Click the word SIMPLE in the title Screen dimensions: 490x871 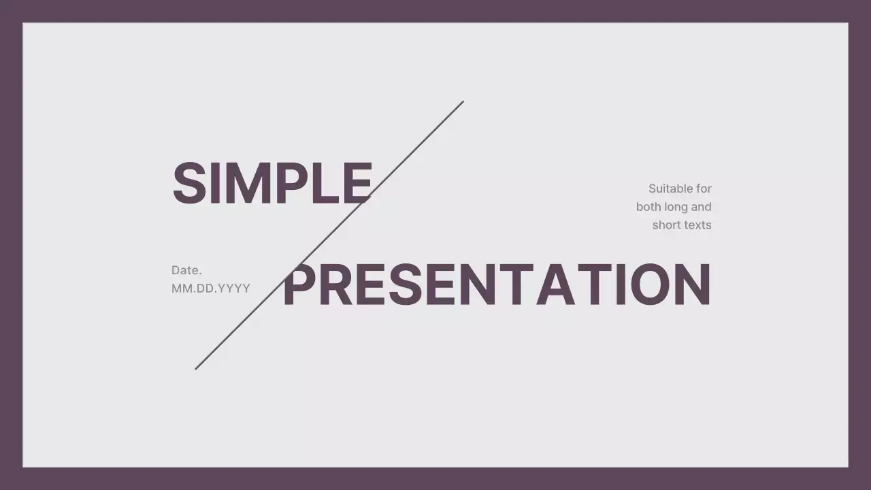(x=272, y=183)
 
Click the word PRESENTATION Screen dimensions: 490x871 (x=497, y=284)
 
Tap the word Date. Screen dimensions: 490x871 (x=186, y=270)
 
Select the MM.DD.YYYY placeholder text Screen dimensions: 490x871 (x=211, y=288)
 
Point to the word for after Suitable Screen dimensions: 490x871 (x=704, y=189)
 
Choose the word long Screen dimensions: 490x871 (x=680, y=207)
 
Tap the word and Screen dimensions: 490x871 (x=702, y=207)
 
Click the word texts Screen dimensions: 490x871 (x=697, y=225)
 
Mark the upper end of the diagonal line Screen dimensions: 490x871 (x=463, y=102)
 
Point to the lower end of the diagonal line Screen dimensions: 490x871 (x=196, y=369)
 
